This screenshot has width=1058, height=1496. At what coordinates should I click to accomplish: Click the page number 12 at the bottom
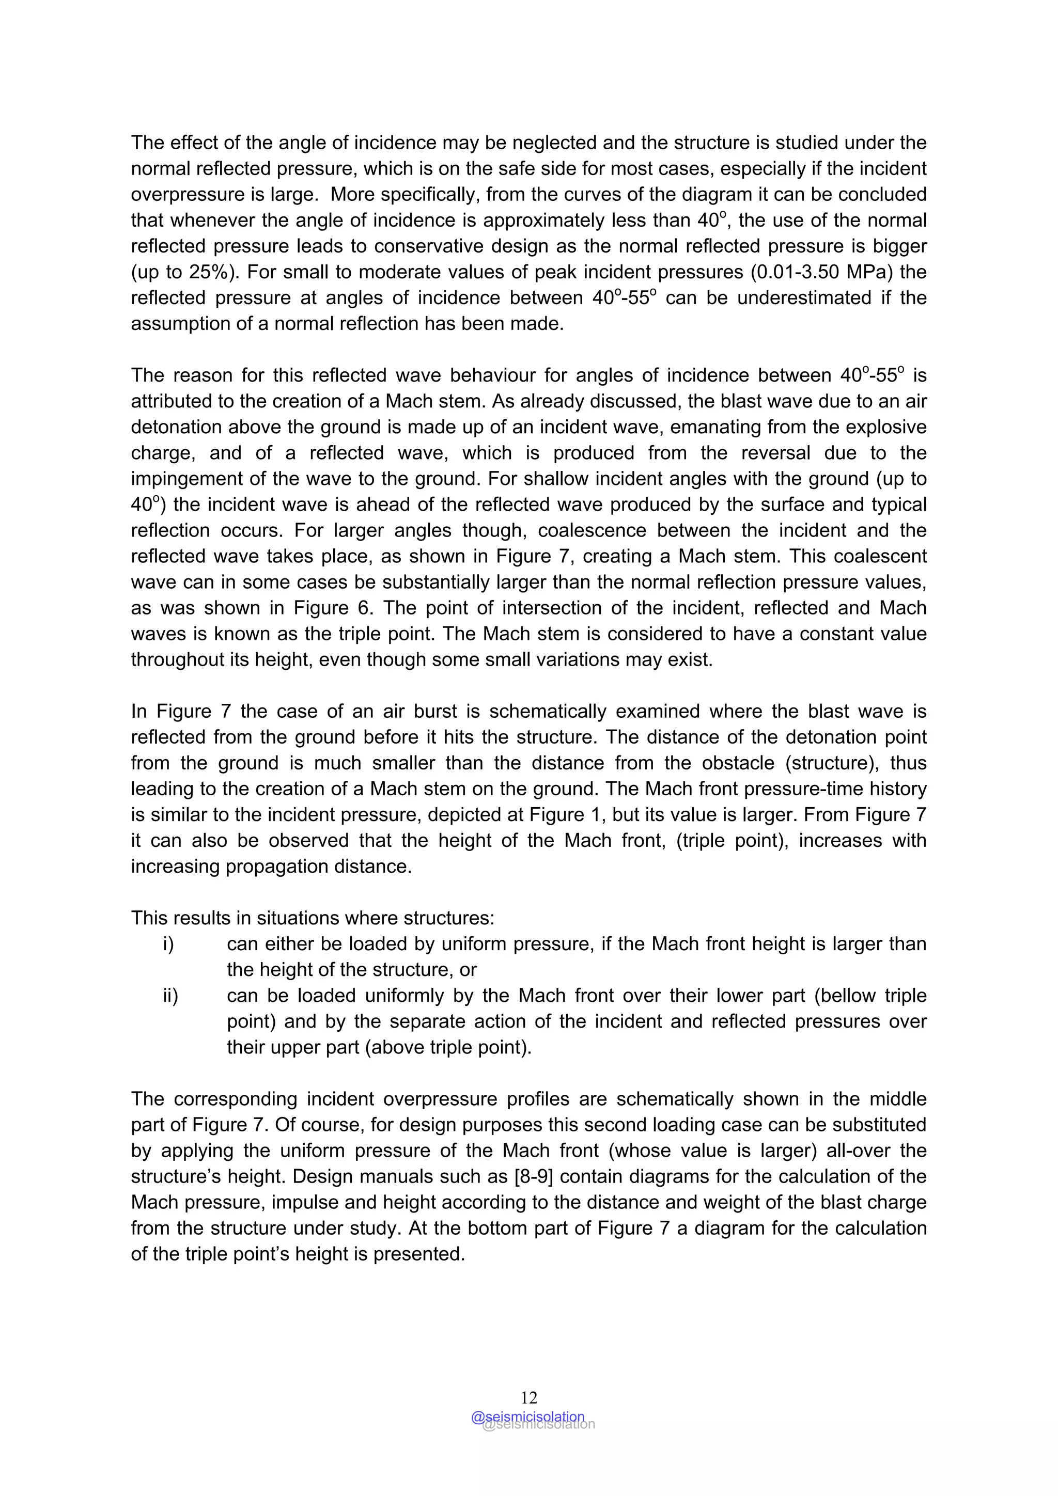pyautogui.click(x=528, y=1397)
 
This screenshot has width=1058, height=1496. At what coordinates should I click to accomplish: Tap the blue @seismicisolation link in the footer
pyautogui.click(x=527, y=1416)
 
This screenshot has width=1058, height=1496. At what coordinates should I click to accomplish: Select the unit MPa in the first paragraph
pyautogui.click(x=864, y=272)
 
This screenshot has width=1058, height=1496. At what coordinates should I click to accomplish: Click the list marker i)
pyautogui.click(x=168, y=944)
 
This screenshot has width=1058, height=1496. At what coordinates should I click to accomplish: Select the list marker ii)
pyautogui.click(x=170, y=996)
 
